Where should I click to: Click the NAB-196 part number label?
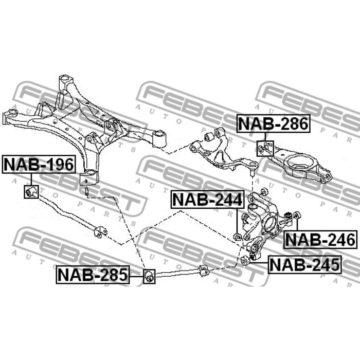(39, 165)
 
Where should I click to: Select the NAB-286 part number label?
(273, 124)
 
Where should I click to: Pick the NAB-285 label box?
(92, 275)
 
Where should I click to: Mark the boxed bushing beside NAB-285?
(150, 275)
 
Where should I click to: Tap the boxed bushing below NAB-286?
(265, 148)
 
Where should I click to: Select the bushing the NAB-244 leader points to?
(238, 237)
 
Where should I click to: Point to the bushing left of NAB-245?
(245, 261)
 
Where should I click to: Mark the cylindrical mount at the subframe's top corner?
(65, 81)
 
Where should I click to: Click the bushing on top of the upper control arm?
(209, 137)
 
